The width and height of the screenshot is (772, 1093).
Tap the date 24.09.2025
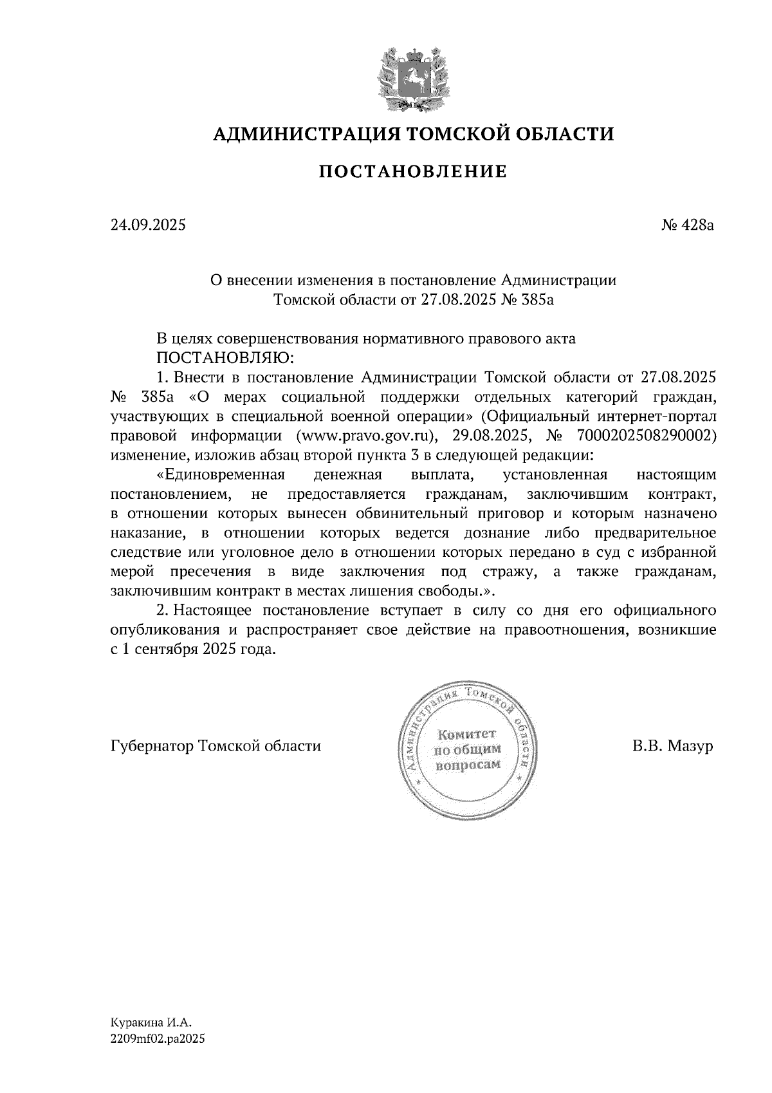point(148,225)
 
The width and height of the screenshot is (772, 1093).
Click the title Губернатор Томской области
point(216,746)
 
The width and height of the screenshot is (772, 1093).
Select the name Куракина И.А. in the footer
point(151,1022)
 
